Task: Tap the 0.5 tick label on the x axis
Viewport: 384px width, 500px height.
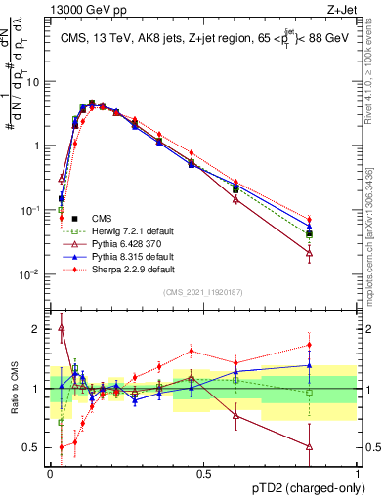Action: [203, 472]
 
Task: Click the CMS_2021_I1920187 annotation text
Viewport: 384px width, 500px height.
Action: [202, 292]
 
